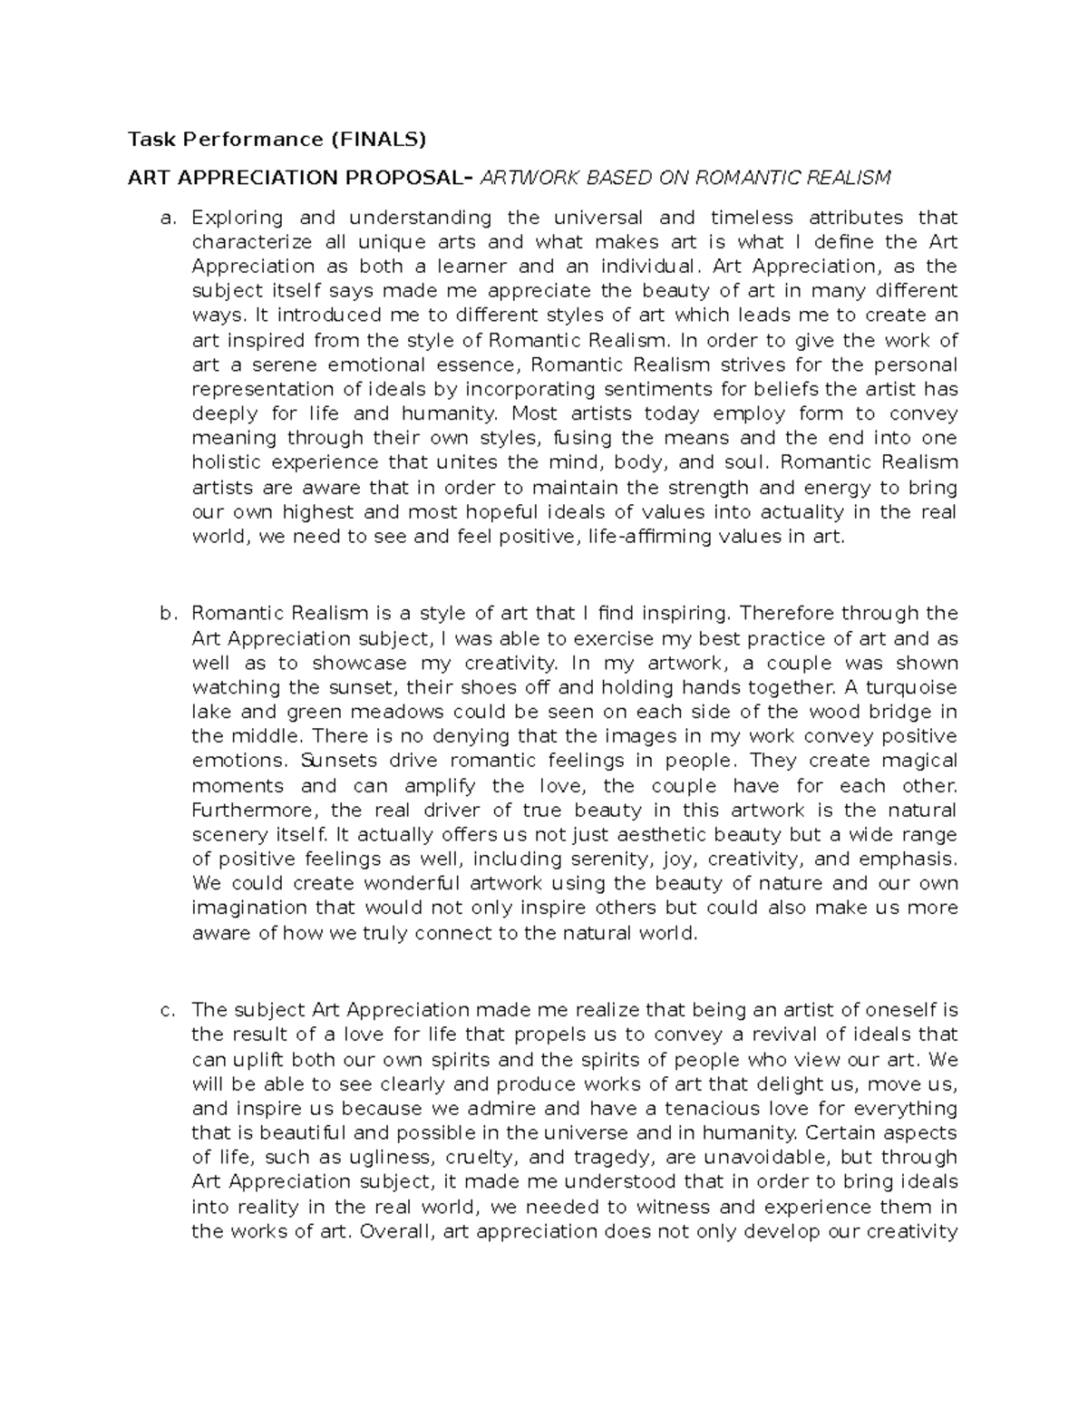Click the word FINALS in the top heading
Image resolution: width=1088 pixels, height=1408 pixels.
tap(379, 140)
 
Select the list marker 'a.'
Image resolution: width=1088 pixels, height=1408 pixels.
tap(166, 218)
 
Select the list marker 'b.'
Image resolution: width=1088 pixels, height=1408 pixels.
tap(166, 614)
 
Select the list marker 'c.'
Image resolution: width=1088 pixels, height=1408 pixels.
tap(166, 1010)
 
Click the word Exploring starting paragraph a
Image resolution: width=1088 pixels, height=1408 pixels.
tap(238, 218)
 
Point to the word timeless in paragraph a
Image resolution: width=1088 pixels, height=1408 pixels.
tap(752, 218)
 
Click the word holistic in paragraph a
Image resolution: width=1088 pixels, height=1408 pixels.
tap(227, 463)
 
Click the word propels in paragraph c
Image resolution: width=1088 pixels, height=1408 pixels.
tap(547, 1034)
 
